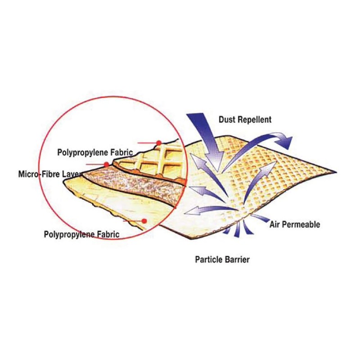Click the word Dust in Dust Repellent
(227, 120)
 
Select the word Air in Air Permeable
(275, 224)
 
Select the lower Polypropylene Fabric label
(81, 234)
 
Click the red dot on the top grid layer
(159, 143)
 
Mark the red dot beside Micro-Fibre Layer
(106, 165)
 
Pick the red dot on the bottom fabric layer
(144, 221)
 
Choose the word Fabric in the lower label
(108, 234)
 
